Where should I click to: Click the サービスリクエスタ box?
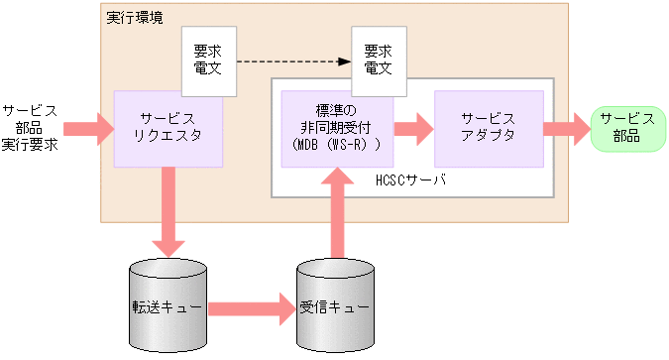pyautogui.click(x=167, y=128)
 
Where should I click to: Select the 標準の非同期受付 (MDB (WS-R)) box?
pyautogui.click(x=337, y=128)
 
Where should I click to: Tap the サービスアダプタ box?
pyautogui.click(x=489, y=128)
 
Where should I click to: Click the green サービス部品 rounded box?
pyautogui.click(x=626, y=128)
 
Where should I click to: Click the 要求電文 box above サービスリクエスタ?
pyautogui.click(x=209, y=60)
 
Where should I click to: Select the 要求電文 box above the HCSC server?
pyautogui.click(x=378, y=60)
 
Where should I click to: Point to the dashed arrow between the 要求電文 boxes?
pyautogui.click(x=293, y=61)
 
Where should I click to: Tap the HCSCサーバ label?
pyautogui.click(x=411, y=180)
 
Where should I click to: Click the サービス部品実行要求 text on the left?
pyautogui.click(x=30, y=128)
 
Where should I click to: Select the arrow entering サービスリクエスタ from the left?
pyautogui.click(x=88, y=128)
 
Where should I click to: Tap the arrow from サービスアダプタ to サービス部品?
pyautogui.click(x=566, y=128)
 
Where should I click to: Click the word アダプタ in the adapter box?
pyautogui.click(x=489, y=136)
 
